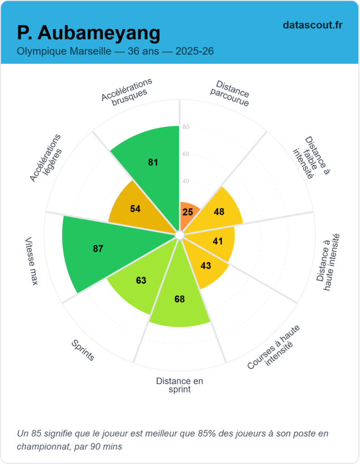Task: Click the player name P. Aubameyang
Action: [x=88, y=33]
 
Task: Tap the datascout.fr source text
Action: [x=312, y=25]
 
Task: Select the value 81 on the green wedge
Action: [x=153, y=162]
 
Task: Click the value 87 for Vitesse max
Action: [x=98, y=248]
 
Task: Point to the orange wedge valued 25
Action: [x=188, y=212]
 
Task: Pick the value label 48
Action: [x=219, y=212]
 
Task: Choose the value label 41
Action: [x=218, y=241]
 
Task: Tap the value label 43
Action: [x=206, y=266]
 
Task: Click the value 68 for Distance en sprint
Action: [x=180, y=299]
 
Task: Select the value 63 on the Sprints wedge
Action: [x=141, y=280]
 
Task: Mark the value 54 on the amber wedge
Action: [x=135, y=209]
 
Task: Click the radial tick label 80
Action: [x=186, y=127]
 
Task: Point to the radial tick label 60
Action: [x=186, y=155]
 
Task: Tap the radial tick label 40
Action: [x=186, y=182]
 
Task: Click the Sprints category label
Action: [x=83, y=350]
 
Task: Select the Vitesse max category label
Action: [x=32, y=261]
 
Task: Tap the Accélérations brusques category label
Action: [x=126, y=91]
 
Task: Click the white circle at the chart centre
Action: [x=180, y=235]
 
